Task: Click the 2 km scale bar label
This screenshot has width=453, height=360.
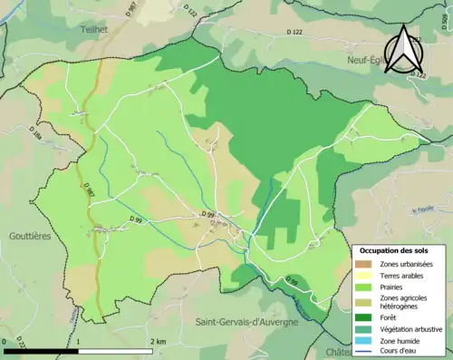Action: pyautogui.click(x=160, y=342)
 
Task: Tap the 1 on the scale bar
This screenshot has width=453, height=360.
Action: pyautogui.click(x=79, y=342)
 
